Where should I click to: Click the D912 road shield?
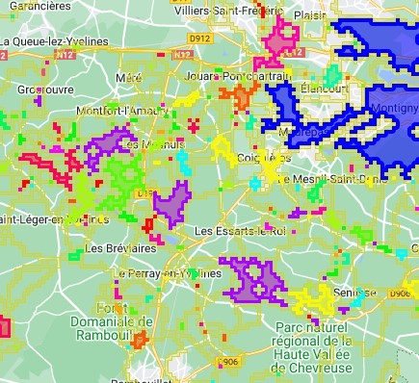(x=199, y=38)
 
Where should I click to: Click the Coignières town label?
(x=263, y=157)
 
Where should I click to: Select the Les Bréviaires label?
(x=120, y=247)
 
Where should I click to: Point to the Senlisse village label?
(x=354, y=292)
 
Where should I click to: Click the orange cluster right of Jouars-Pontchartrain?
(x=239, y=95)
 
